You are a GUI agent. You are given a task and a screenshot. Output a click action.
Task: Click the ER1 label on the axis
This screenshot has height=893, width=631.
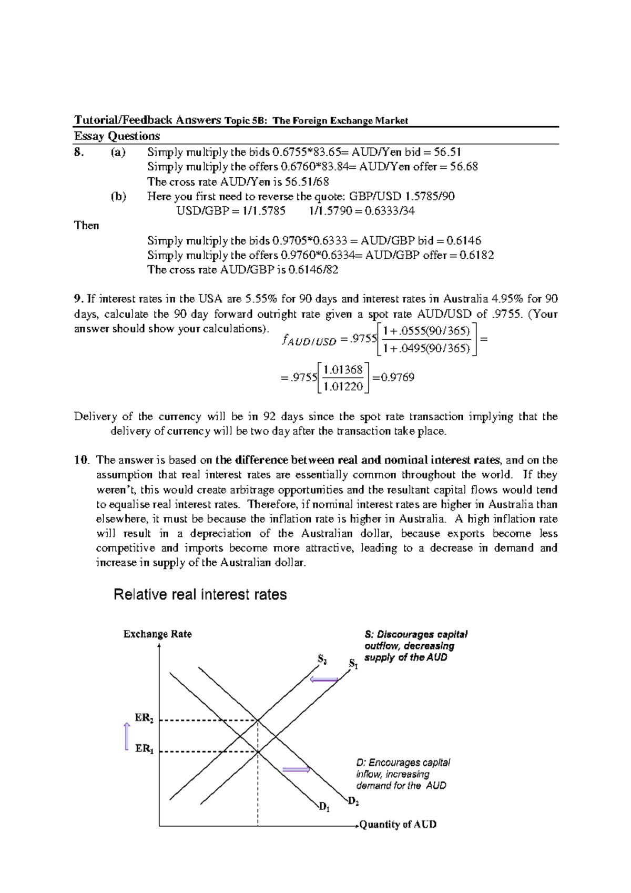[x=145, y=749]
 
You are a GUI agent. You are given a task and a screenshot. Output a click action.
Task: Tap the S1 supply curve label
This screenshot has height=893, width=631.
[x=353, y=665]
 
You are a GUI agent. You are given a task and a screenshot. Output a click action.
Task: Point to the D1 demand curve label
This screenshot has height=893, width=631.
[x=324, y=807]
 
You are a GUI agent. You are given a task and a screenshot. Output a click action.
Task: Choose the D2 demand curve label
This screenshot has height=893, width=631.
[x=353, y=802]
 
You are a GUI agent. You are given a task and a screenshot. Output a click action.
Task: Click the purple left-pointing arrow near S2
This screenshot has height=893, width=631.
[x=324, y=680]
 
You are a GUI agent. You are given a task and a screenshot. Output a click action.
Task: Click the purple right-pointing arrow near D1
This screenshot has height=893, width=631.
[x=296, y=770]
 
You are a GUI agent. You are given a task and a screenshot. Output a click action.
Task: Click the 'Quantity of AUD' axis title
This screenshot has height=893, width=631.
[x=398, y=825]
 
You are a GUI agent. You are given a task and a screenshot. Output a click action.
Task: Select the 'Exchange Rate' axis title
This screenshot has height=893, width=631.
[x=157, y=634]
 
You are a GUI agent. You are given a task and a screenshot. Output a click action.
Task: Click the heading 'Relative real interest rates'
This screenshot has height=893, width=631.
[x=200, y=595]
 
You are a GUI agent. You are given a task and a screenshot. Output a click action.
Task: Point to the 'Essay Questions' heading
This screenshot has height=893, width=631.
[x=117, y=136]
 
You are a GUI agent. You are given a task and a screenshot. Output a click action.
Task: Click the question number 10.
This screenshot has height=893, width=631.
[x=80, y=460]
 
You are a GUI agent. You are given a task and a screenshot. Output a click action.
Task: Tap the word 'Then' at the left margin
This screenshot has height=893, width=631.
[x=87, y=226]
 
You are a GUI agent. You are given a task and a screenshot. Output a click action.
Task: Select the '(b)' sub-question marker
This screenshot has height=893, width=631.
[x=118, y=197]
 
